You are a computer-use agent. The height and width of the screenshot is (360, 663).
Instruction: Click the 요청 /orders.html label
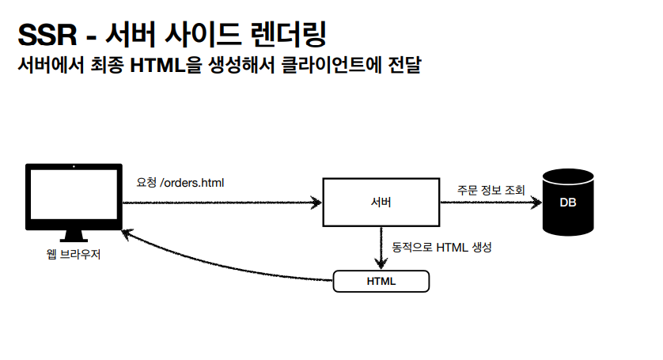(180, 183)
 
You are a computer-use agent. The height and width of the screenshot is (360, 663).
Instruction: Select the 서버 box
(381, 203)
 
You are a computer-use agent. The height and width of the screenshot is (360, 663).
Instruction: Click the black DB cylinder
(567, 203)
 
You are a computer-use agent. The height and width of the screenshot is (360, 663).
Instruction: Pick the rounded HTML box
(381, 281)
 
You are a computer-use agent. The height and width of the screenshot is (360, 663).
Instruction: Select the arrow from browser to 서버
(222, 203)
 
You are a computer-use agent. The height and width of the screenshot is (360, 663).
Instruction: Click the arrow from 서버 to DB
(491, 203)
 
